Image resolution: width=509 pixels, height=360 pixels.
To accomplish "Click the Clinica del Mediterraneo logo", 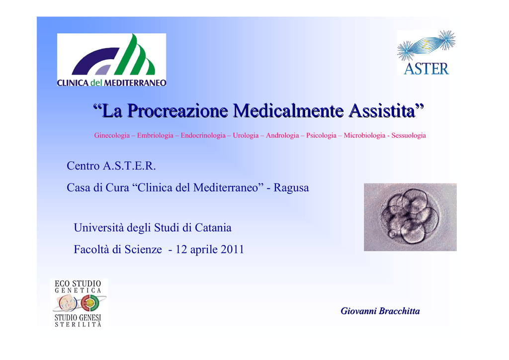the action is click(112, 60).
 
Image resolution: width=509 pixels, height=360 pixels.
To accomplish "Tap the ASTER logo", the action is click(426, 53).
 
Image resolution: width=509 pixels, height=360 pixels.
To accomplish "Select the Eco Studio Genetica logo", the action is click(79, 302).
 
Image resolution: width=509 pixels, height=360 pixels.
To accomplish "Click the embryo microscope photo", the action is click(410, 217).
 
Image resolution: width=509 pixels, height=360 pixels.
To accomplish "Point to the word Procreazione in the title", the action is click(178, 110).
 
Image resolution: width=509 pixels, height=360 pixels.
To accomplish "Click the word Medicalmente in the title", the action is click(288, 110).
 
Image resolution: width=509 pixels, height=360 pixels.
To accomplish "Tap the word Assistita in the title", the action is click(382, 110).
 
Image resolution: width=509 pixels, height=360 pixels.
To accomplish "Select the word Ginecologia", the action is click(112, 135).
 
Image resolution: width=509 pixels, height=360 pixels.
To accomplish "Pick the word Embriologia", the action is click(155, 135).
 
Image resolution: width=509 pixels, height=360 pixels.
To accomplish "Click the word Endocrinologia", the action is click(203, 135).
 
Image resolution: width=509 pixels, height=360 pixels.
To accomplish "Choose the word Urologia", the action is click(246, 135).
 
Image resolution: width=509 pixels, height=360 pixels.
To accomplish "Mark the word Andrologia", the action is click(282, 135).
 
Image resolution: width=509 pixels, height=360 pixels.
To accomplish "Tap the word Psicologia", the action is click(322, 135).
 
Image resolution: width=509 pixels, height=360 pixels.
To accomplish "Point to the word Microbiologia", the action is click(364, 135).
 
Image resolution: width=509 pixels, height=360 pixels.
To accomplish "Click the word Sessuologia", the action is click(409, 135).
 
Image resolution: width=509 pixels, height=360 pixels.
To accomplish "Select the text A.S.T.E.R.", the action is click(129, 166).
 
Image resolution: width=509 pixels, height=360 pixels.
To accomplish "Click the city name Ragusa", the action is click(291, 187).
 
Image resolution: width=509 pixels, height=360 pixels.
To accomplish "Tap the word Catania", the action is click(213, 228).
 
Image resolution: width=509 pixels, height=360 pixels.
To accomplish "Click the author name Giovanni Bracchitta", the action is click(380, 311).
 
